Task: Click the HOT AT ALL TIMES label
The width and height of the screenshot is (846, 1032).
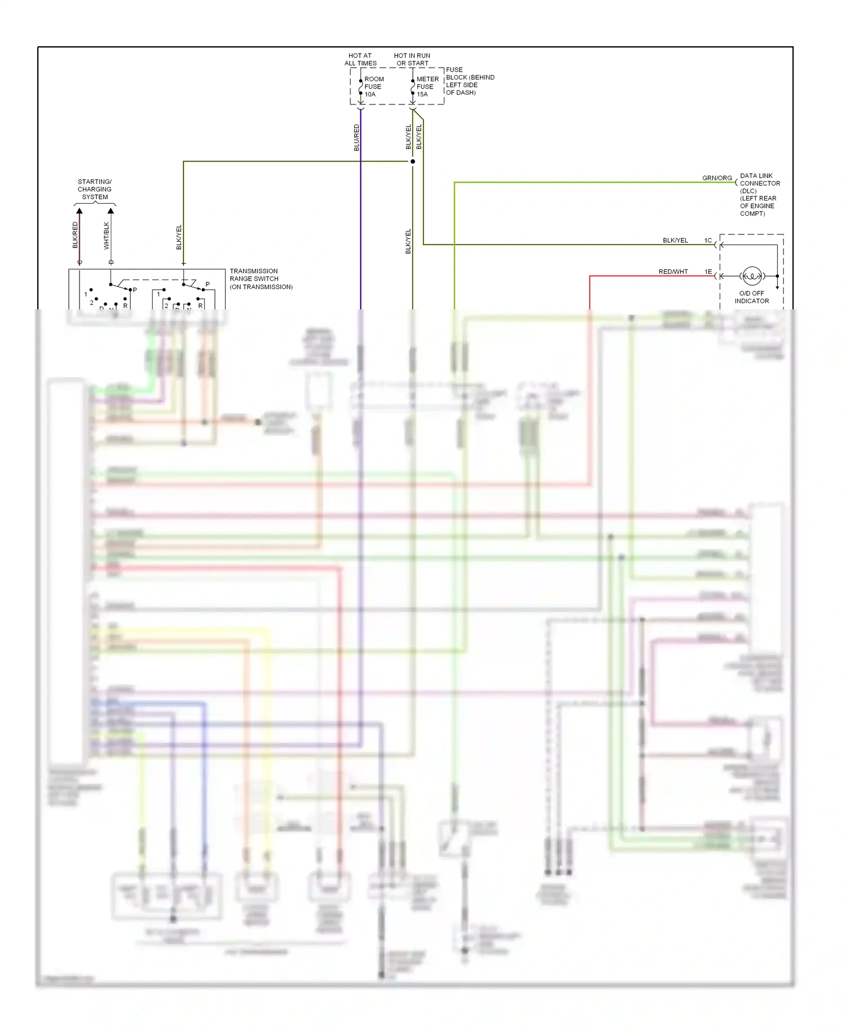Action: tap(360, 59)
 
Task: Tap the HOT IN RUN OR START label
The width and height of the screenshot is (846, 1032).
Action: tap(412, 59)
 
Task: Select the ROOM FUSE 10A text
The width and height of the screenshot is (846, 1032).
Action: tap(373, 86)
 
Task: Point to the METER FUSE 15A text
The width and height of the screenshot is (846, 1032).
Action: tap(427, 86)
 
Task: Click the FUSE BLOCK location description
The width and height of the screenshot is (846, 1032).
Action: tap(470, 81)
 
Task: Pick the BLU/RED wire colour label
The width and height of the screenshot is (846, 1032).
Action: tap(356, 138)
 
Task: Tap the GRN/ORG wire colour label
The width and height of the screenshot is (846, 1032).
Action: tap(717, 178)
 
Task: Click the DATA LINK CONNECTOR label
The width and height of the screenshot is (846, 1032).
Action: tap(759, 194)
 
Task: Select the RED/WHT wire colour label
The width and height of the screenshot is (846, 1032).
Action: tap(673, 272)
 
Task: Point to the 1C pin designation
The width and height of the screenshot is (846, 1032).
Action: tap(708, 240)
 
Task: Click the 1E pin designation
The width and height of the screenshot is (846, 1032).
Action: tap(708, 272)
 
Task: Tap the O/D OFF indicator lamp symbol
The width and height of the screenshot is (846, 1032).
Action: tap(752, 276)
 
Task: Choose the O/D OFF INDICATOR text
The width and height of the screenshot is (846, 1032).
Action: tap(751, 297)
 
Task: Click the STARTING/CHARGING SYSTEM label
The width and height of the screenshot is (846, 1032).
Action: tap(95, 189)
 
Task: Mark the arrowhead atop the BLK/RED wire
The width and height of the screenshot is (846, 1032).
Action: tap(80, 211)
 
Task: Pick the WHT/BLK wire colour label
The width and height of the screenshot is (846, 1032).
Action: tap(107, 235)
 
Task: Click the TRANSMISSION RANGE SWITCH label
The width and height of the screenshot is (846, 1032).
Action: tap(261, 279)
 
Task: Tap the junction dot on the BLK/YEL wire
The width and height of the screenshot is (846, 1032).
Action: tap(413, 161)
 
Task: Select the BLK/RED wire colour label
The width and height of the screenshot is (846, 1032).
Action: tap(75, 235)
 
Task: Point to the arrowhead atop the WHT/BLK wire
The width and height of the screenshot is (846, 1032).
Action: tap(111, 211)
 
